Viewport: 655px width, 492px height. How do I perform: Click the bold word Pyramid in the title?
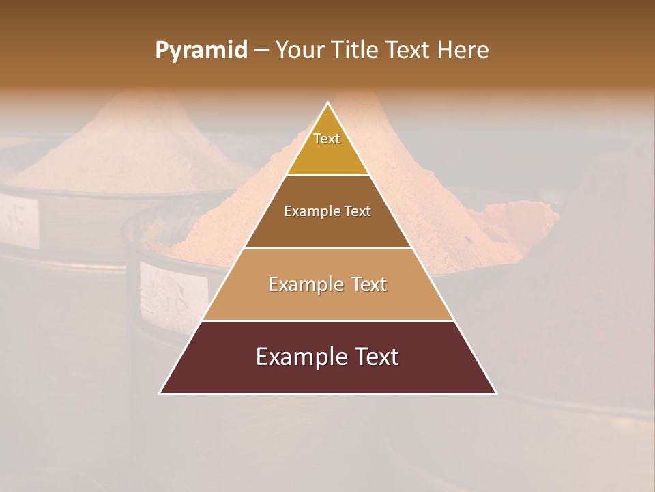[201, 51]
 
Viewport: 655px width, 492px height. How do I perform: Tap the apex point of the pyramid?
[328, 103]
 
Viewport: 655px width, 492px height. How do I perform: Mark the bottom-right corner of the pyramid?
[495, 393]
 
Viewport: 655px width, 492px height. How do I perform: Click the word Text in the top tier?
[327, 139]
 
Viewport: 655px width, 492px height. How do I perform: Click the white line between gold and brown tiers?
[327, 176]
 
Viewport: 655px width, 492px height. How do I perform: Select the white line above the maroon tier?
[327, 320]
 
